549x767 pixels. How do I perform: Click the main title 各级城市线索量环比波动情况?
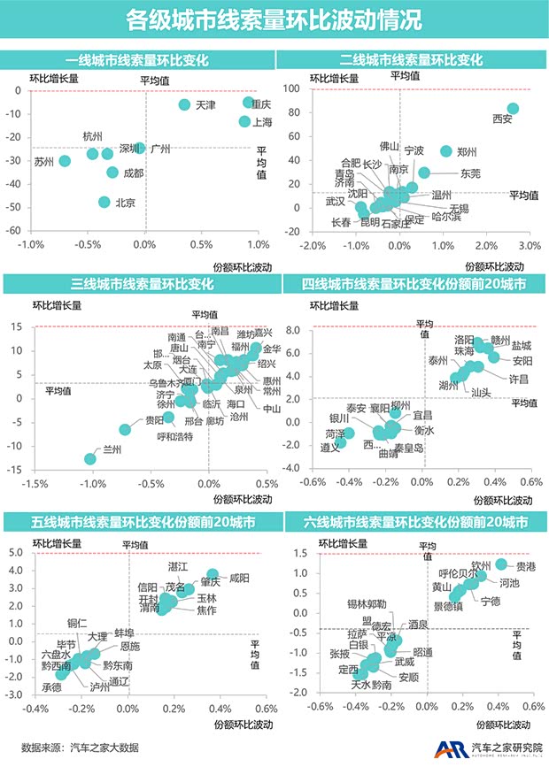click(x=274, y=19)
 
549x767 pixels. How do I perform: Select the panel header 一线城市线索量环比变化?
click(x=137, y=60)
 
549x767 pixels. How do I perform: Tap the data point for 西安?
click(x=513, y=110)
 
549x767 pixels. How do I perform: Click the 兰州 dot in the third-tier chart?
click(x=90, y=458)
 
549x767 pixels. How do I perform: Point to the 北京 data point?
click(x=105, y=202)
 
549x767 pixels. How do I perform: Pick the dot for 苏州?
click(x=65, y=161)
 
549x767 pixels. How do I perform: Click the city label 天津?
click(x=205, y=105)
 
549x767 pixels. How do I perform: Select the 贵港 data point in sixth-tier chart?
click(x=501, y=564)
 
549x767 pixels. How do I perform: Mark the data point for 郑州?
click(x=446, y=151)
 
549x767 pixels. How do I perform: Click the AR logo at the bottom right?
click(x=447, y=748)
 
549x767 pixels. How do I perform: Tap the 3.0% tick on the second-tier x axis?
click(x=529, y=245)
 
